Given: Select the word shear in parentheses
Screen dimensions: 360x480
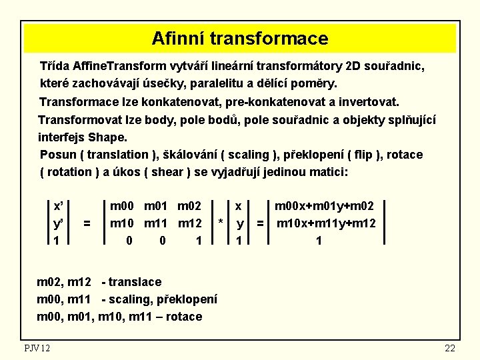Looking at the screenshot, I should click(x=171, y=171).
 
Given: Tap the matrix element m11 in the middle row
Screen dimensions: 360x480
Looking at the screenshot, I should click(x=159, y=223).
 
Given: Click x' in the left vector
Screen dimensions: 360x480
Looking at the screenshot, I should click(x=59, y=207).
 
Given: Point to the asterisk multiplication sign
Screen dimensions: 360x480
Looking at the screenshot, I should click(x=221, y=223).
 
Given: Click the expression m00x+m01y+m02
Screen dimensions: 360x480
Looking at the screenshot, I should click(x=325, y=207).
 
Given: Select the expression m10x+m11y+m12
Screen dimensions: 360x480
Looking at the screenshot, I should click(x=326, y=223).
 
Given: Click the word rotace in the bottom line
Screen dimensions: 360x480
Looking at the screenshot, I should click(x=185, y=316).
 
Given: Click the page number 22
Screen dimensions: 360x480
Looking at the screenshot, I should click(x=449, y=348).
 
